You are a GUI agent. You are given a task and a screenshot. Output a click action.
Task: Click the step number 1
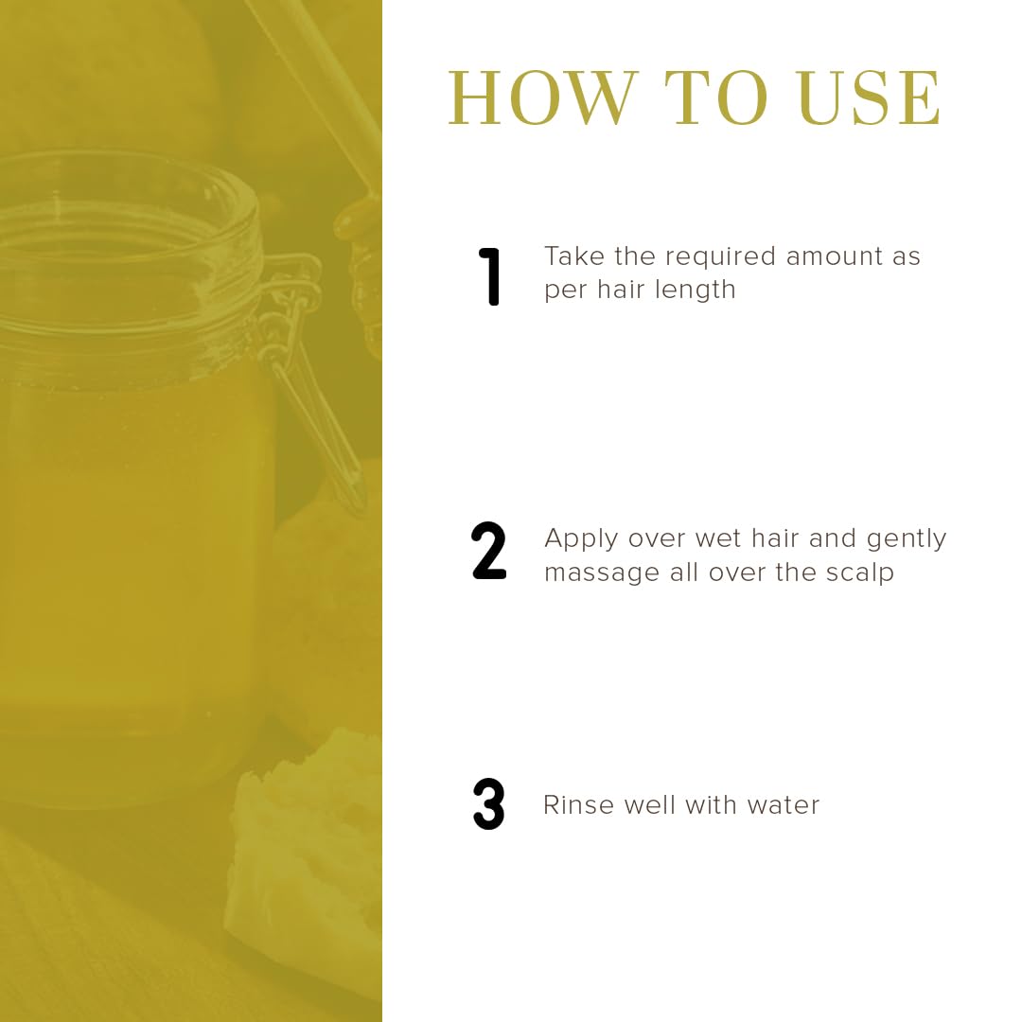coord(489,276)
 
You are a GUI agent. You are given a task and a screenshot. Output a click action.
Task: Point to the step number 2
coord(488,551)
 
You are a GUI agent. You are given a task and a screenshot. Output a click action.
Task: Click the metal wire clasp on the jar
coord(307,372)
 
